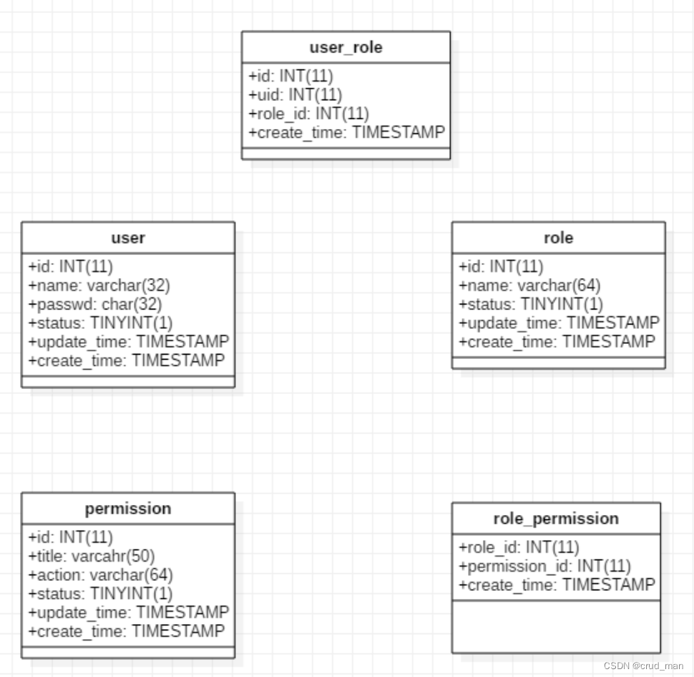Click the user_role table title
click(346, 48)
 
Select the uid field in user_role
click(295, 95)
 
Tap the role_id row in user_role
click(308, 113)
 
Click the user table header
click(128, 238)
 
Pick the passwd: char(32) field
click(94, 304)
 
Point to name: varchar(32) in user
click(99, 285)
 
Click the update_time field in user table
click(128, 341)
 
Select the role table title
click(558, 238)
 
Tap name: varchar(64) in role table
click(529, 285)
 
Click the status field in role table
click(531, 304)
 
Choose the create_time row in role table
click(557, 342)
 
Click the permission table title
click(128, 509)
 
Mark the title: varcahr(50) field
click(92, 556)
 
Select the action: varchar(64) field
click(100, 575)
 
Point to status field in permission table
click(100, 593)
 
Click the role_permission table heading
click(556, 519)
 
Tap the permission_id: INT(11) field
click(544, 567)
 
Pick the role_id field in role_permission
click(519, 548)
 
